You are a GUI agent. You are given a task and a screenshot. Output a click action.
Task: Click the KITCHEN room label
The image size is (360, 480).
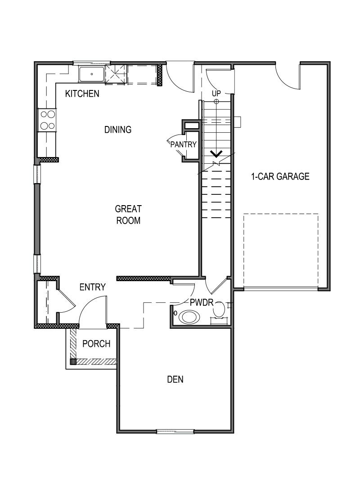point(82,94)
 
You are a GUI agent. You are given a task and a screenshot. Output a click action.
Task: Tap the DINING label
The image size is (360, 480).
point(118,130)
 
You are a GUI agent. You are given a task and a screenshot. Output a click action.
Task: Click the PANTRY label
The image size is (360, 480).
point(184,144)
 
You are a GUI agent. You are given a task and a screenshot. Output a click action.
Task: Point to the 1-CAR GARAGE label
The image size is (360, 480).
point(280,176)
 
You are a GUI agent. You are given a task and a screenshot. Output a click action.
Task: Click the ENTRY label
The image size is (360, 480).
point(92,287)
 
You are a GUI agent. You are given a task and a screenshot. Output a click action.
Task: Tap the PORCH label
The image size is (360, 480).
point(96,344)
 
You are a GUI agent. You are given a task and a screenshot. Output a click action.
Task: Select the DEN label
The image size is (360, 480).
point(175,379)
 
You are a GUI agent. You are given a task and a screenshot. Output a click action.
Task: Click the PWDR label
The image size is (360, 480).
point(201,302)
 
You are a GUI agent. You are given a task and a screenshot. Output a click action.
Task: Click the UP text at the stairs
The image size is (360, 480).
point(216,93)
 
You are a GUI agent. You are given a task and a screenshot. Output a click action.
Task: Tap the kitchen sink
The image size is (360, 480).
point(91,74)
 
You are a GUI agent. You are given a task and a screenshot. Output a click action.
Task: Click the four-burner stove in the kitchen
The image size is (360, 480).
point(47,120)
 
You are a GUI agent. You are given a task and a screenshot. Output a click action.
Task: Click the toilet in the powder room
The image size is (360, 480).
point(219,310)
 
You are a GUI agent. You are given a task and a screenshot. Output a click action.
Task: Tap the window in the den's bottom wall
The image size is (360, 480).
point(175,431)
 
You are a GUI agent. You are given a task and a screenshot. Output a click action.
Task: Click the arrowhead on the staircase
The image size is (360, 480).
point(216,154)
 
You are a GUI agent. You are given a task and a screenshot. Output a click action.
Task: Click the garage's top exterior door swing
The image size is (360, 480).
point(288,76)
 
